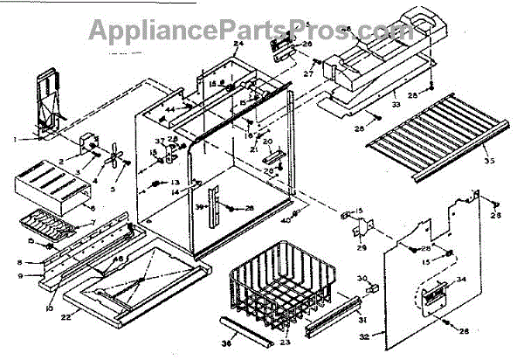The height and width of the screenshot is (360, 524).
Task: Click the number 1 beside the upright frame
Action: click(15, 139)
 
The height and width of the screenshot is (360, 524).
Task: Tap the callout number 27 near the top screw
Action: click(308, 75)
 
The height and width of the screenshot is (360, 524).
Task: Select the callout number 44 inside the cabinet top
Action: click(171, 107)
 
